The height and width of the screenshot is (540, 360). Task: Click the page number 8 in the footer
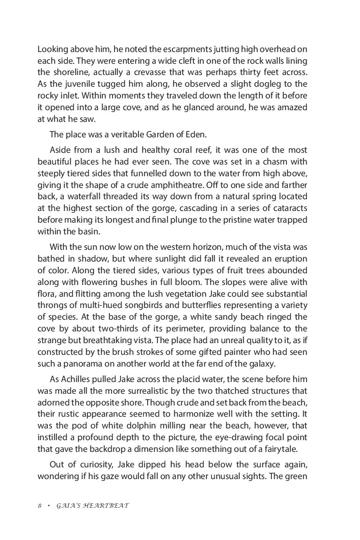click(x=40, y=506)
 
